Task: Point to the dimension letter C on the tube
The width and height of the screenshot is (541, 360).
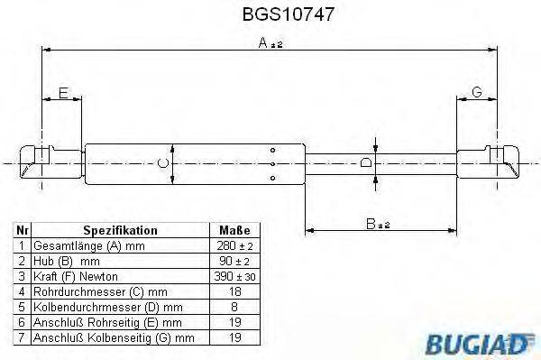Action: [160, 162]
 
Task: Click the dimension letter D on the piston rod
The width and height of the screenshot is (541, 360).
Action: [365, 163]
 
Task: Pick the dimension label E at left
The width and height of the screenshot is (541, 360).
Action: [62, 94]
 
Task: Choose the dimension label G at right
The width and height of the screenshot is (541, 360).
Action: [477, 93]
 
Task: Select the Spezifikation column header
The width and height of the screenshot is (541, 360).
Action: [120, 231]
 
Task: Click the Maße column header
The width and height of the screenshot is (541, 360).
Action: [234, 231]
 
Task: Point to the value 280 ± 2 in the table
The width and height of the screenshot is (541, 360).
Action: [234, 245]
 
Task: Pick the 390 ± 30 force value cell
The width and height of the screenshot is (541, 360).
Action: [234, 275]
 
